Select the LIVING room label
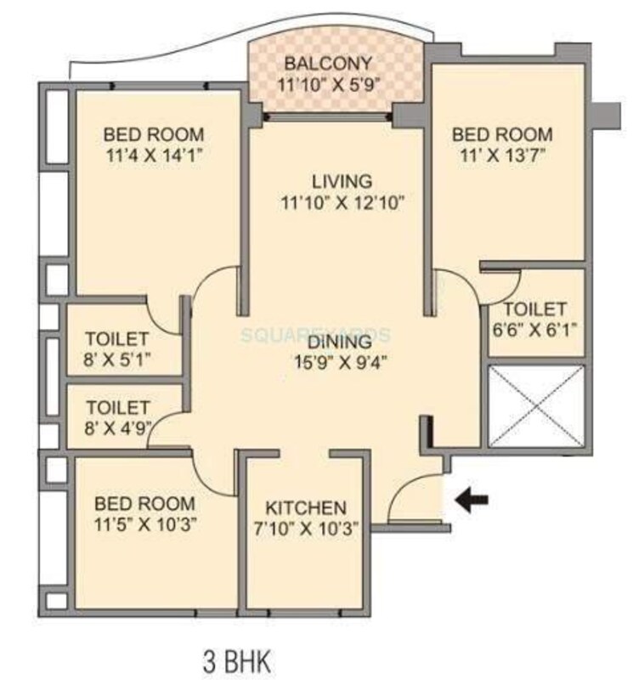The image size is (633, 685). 341,181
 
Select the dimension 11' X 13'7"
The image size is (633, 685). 501,156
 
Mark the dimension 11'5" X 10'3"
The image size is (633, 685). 144,524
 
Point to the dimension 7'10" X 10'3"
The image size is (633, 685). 306,527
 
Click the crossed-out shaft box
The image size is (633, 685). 535,405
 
